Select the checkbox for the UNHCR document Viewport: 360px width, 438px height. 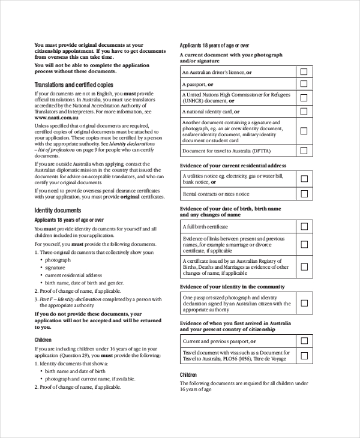point(304,98)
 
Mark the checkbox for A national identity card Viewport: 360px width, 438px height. point(304,112)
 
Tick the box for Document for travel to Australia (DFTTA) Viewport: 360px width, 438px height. point(304,151)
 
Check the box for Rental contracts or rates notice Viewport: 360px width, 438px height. point(304,194)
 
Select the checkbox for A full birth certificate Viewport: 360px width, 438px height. point(304,226)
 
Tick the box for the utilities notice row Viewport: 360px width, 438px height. point(304,178)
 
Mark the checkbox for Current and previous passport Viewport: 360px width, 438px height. point(304,341)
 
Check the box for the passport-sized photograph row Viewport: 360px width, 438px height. point(304,304)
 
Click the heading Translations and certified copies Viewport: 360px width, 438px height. point(73,85)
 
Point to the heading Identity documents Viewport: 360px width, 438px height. point(58,211)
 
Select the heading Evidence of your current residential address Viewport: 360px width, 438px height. point(233,165)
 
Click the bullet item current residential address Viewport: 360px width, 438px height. point(73,275)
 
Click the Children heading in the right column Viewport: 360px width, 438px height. point(188,375)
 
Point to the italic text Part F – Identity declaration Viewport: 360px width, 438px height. point(71,298)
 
